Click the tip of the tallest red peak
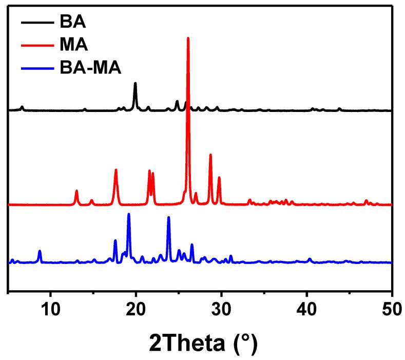click(188, 38)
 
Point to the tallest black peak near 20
click(135, 83)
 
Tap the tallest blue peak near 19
click(129, 214)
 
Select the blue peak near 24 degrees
click(168, 217)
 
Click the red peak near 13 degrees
click(76, 191)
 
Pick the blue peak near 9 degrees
click(40, 251)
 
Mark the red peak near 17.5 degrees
click(116, 170)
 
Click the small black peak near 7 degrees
click(22, 107)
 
